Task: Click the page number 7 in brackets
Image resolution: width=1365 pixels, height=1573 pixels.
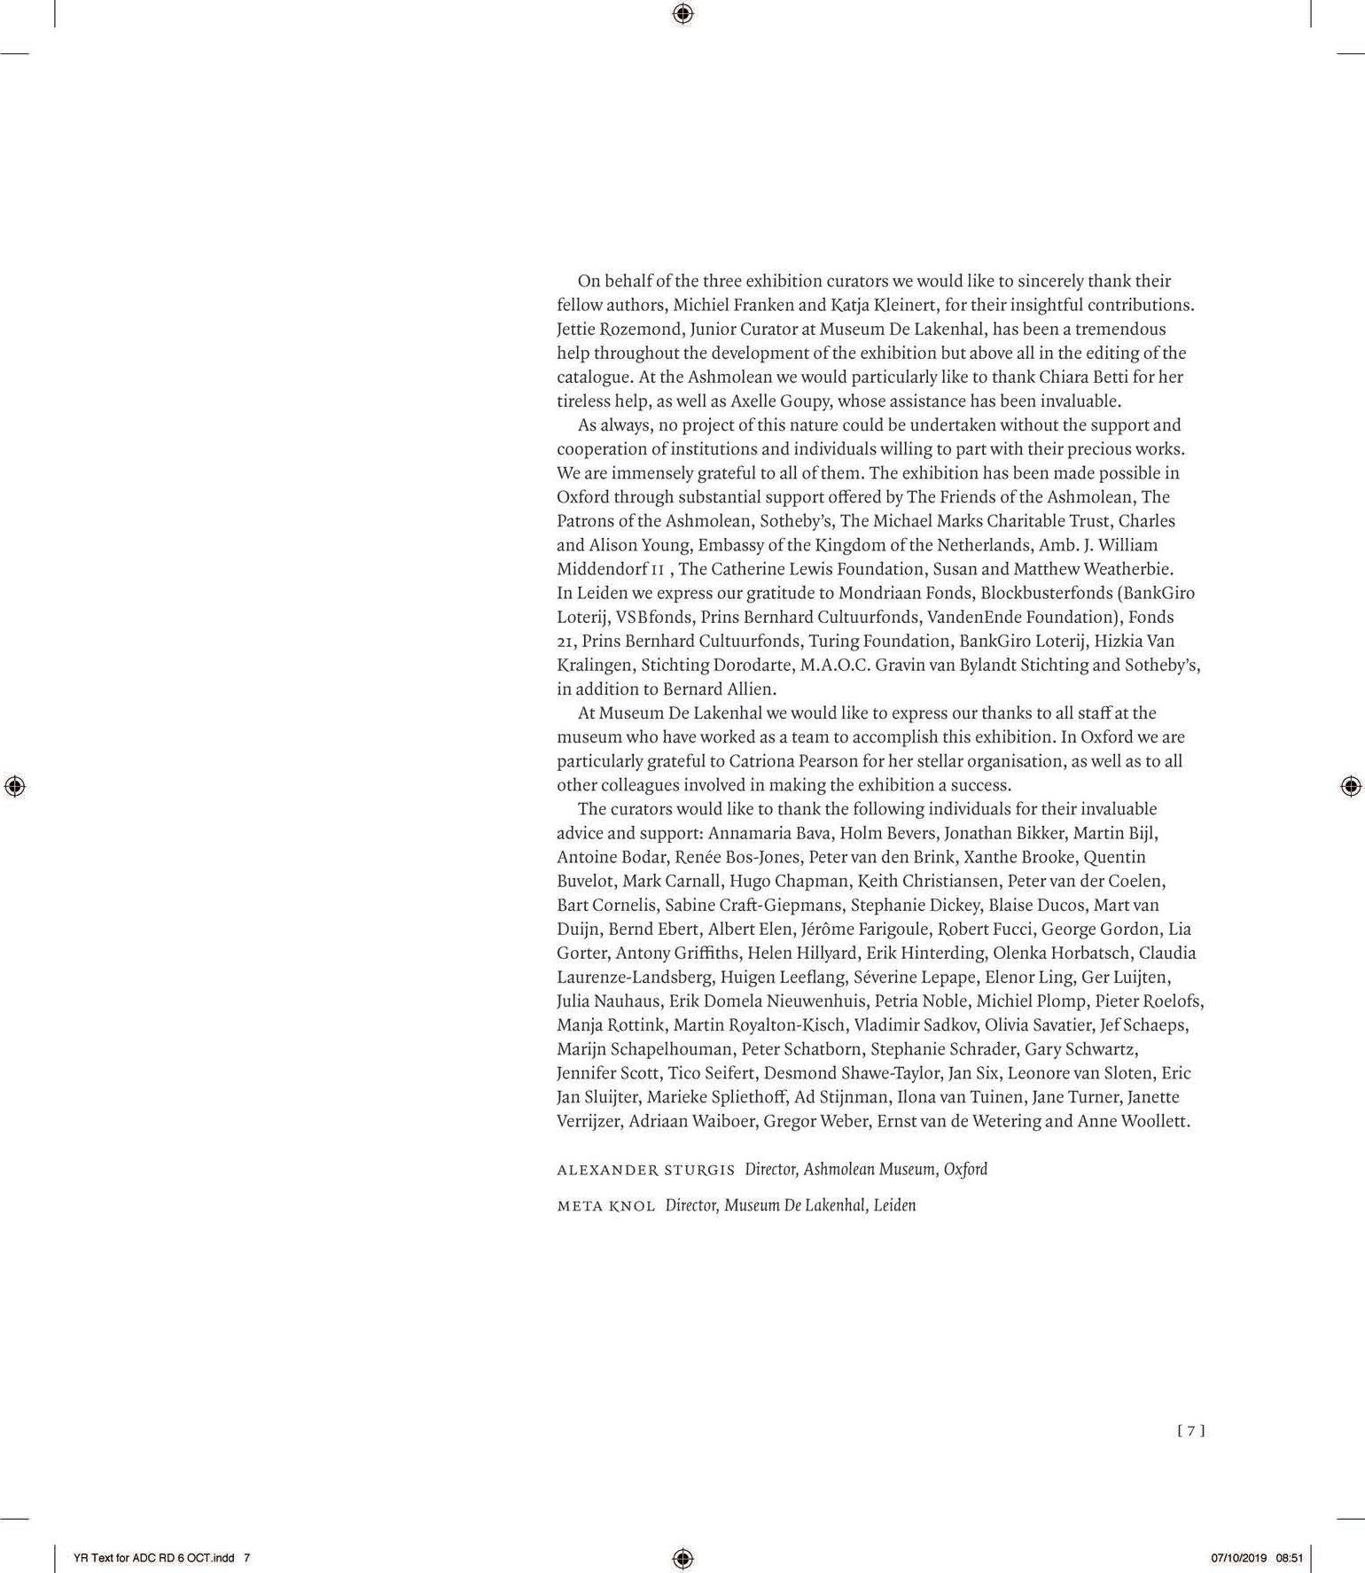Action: click(x=1191, y=1430)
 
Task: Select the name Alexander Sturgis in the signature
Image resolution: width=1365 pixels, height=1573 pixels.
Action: click(x=645, y=1170)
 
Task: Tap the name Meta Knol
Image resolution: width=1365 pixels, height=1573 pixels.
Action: click(x=606, y=1206)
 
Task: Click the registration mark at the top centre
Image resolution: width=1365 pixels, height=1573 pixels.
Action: click(x=682, y=13)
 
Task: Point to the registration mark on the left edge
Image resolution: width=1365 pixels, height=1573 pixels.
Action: click(x=14, y=786)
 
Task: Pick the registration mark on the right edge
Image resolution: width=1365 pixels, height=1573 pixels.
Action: click(x=1350, y=786)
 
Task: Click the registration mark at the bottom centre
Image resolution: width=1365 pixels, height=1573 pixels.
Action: click(x=682, y=1558)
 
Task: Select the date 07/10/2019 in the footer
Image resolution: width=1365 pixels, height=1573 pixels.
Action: click(x=1239, y=1558)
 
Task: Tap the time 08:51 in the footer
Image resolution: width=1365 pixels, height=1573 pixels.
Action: click(x=1290, y=1558)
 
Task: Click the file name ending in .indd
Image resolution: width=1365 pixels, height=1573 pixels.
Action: click(x=155, y=1558)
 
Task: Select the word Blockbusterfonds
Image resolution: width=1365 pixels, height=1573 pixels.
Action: click(x=1048, y=593)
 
